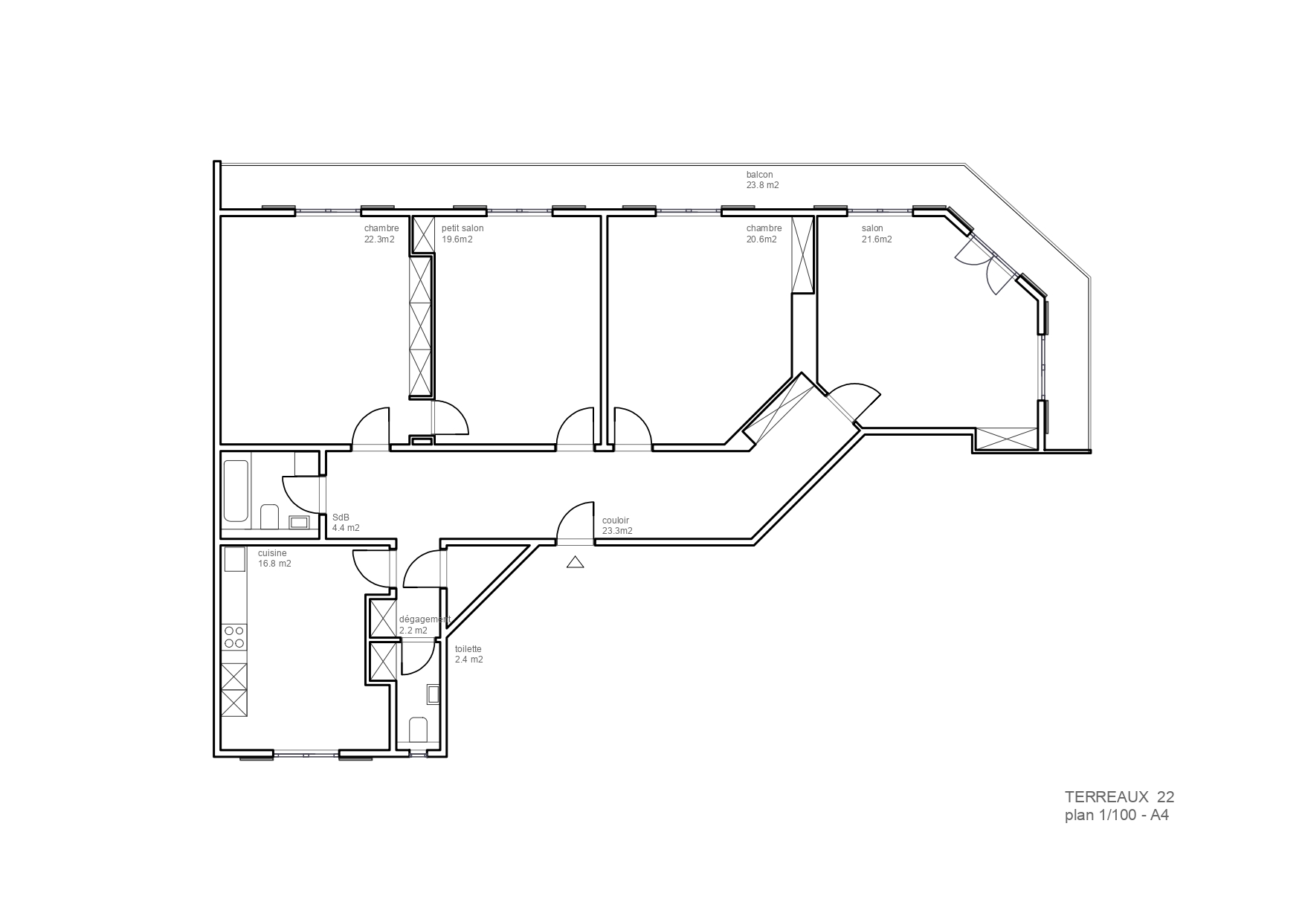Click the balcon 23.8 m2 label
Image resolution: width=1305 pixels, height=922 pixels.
tap(762, 180)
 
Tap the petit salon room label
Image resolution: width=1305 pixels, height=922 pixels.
tap(462, 228)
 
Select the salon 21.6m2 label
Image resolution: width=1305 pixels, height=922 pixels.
tap(877, 234)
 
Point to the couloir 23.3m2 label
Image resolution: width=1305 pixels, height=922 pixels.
tap(617, 526)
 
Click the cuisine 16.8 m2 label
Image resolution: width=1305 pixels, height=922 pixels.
tap(274, 558)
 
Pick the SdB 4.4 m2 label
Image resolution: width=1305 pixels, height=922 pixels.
tap(346, 523)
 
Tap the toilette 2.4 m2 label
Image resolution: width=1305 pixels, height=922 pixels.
tap(468, 654)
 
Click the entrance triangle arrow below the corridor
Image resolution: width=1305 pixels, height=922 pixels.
tap(575, 562)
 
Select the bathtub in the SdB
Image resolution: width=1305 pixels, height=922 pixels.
tap(236, 491)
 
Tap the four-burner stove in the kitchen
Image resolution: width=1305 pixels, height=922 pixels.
tap(234, 637)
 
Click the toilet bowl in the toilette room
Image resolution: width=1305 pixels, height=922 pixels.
tap(419, 730)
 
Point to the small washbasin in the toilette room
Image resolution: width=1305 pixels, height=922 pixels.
tap(434, 694)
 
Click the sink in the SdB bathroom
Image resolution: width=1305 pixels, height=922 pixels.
tap(299, 522)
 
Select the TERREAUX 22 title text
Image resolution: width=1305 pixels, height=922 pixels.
tap(1119, 796)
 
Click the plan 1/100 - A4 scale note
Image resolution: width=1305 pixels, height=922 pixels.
tap(1117, 816)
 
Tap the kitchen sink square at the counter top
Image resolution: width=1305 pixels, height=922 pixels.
tap(235, 559)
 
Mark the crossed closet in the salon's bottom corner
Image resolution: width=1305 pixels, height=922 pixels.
tap(1006, 439)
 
